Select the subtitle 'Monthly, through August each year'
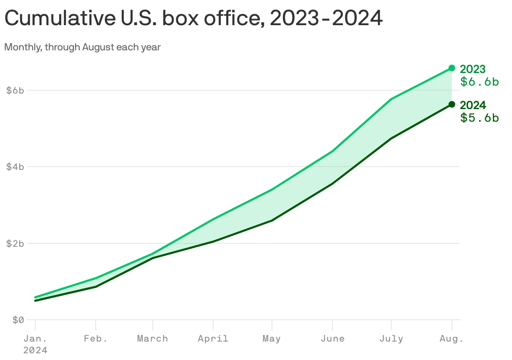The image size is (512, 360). click(82, 47)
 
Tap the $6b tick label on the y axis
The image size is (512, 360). click(15, 90)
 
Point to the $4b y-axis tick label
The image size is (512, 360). click(15, 167)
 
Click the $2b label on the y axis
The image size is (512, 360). click(15, 243)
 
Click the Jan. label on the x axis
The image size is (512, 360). click(35, 339)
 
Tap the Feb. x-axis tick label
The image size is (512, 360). click(96, 339)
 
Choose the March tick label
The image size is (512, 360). click(153, 339)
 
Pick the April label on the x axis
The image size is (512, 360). click(213, 339)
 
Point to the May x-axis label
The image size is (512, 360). click(272, 339)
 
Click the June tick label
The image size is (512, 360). click(332, 339)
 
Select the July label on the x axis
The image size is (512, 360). click(391, 339)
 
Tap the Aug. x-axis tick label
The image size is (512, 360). click(452, 339)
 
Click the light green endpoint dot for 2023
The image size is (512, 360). click(452, 68)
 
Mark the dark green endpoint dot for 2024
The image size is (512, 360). click(452, 104)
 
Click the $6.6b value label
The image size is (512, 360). click(479, 82)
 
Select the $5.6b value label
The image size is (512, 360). click(479, 118)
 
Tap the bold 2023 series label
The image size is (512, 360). click(473, 69)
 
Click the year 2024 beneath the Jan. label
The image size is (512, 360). click(35, 350)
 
